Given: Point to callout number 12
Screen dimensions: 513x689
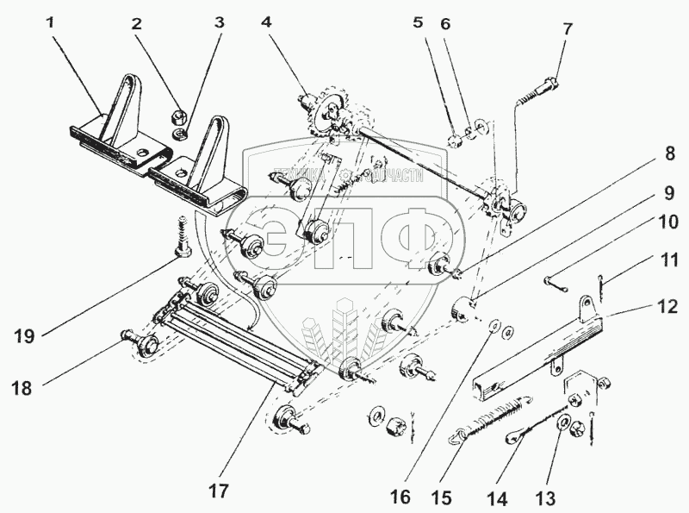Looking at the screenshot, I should [x=667, y=306].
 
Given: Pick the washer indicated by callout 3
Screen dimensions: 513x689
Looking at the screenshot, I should [x=181, y=135].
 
